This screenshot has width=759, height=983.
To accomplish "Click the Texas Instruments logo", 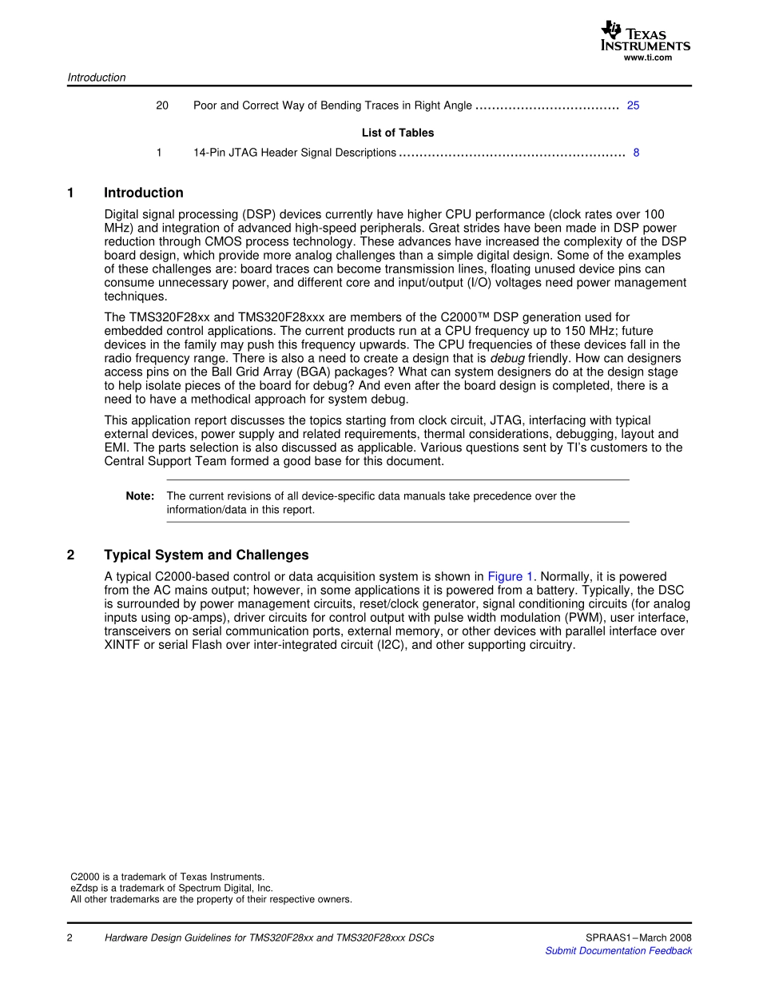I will (645, 36).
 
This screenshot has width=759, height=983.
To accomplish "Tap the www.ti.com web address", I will (647, 58).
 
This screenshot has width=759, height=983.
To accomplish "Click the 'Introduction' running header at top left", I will (97, 78).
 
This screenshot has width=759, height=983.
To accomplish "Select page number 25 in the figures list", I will (633, 105).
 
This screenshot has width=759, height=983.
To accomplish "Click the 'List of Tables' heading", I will (398, 133).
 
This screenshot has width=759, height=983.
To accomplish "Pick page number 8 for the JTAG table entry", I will (636, 153).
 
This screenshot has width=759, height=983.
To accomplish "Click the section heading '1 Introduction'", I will (143, 193).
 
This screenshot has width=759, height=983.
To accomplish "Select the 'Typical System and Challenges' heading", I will (206, 555).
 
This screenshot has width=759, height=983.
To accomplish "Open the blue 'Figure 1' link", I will (510, 576).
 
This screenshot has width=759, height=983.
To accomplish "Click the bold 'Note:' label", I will (140, 496).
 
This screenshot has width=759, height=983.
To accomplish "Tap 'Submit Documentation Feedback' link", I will (618, 951).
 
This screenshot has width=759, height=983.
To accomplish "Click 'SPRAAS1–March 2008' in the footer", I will (638, 938).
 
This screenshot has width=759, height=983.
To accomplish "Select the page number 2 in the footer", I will (70, 938).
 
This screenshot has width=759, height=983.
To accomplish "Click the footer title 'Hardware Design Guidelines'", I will (269, 938).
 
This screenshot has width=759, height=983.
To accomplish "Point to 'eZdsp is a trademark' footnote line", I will (172, 888).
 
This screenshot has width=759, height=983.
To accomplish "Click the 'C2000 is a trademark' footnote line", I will (168, 877).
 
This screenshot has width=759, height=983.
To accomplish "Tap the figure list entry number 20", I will (162, 105).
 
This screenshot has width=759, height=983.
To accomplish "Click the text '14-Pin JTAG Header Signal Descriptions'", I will (294, 153).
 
